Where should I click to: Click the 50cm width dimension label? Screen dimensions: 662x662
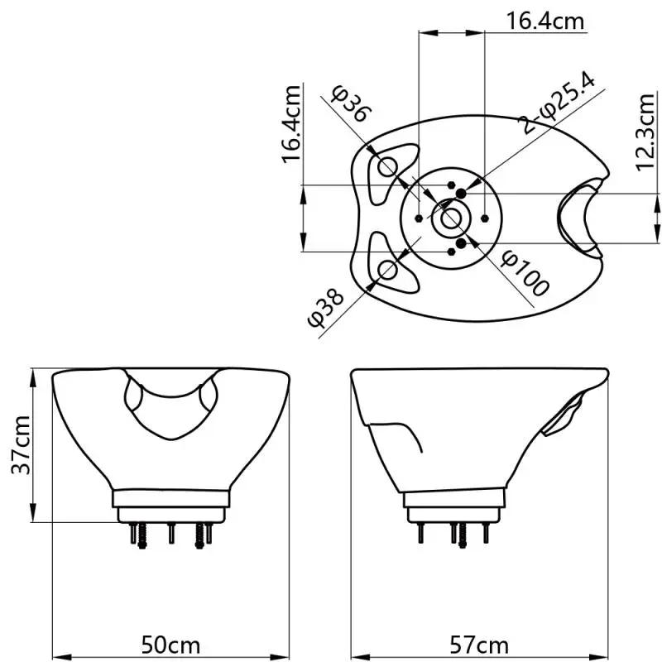(170, 644)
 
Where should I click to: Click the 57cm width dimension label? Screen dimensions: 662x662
(479, 644)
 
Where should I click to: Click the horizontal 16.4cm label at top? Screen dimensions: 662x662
(545, 21)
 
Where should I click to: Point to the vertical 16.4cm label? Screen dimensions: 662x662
(292, 124)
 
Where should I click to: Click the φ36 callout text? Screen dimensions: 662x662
(351, 103)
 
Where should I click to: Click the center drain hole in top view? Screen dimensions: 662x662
(452, 218)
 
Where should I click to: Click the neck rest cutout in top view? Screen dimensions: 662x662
(578, 218)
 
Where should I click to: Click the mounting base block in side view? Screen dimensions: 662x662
(454, 499)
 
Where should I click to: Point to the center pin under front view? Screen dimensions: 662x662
(170, 533)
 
